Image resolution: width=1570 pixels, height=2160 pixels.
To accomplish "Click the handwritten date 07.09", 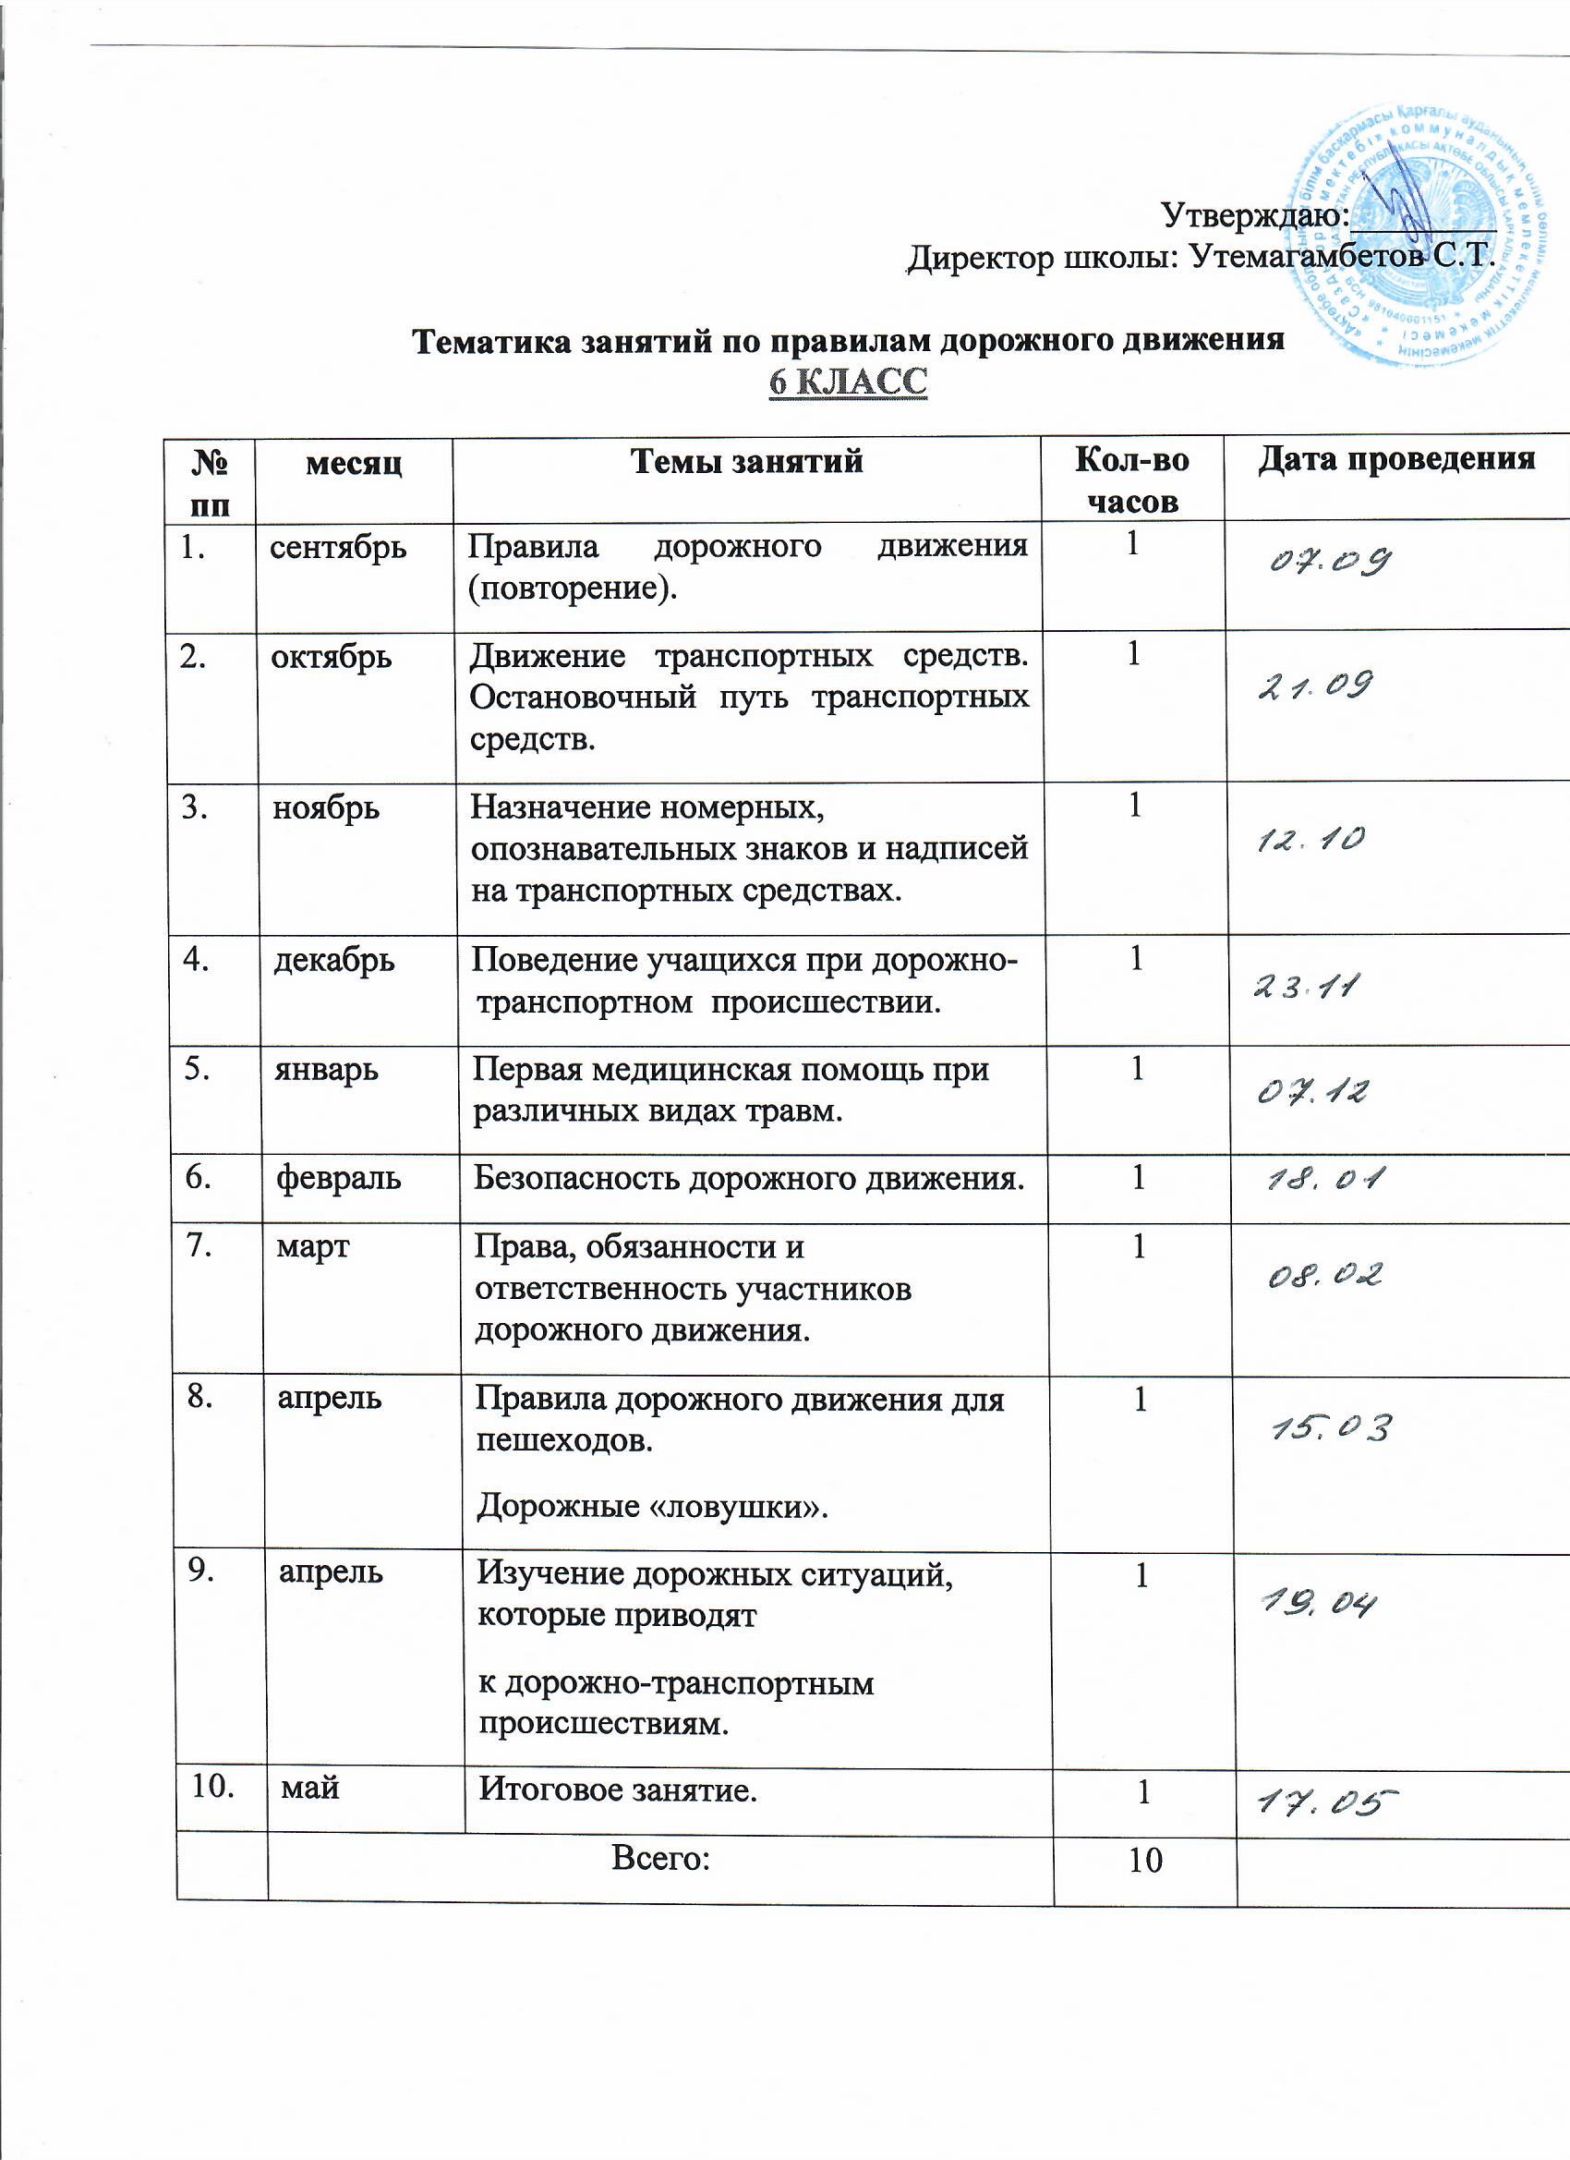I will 1330,561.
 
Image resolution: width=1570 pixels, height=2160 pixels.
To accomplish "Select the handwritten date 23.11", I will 1304,988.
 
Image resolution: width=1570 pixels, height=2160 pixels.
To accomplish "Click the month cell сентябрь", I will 338,548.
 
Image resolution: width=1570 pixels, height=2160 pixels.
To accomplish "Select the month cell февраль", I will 339,1179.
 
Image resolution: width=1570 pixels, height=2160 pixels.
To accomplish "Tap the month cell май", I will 310,1788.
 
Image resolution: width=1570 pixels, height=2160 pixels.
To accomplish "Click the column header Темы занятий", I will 746,462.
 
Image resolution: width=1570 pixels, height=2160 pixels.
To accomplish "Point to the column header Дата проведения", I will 1395,460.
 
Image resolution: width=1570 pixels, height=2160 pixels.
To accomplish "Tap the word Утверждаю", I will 1254,215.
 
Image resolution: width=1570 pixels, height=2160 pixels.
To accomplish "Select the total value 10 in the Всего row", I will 1145,1860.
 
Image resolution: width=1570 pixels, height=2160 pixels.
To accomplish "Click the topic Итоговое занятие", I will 618,1790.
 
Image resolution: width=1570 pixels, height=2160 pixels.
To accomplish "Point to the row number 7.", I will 199,1245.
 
